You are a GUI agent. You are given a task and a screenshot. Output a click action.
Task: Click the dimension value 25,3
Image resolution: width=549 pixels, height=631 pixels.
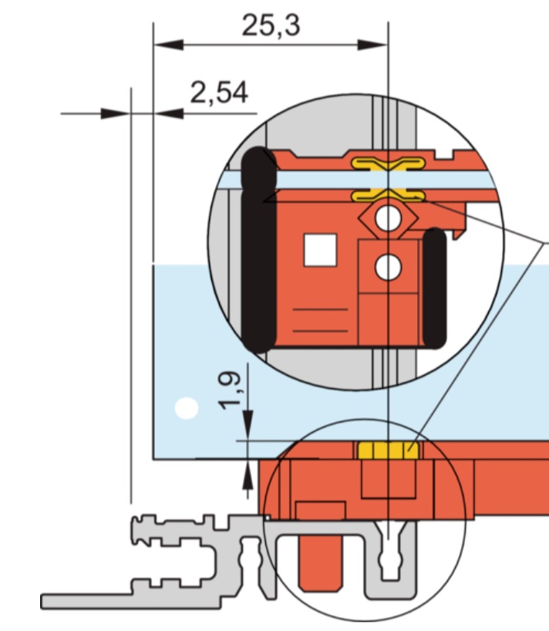271,25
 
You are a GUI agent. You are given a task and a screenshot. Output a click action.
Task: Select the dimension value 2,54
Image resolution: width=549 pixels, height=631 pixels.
219,93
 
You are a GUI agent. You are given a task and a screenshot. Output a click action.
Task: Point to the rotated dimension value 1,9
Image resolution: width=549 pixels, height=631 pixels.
230,390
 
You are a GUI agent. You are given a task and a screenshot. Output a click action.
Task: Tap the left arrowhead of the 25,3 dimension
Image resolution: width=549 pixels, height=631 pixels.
168,45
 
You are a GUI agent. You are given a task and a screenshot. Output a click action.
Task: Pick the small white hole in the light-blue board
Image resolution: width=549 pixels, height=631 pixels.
187,408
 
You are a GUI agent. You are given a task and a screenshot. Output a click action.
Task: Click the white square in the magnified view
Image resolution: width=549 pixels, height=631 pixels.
320,250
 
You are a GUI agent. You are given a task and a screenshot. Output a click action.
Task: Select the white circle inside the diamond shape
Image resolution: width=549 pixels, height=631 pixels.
388,218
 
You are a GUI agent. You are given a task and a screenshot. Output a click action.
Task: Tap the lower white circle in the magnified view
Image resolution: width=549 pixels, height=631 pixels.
388,267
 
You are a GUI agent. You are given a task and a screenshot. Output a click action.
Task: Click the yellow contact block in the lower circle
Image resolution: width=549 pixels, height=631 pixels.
388,450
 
